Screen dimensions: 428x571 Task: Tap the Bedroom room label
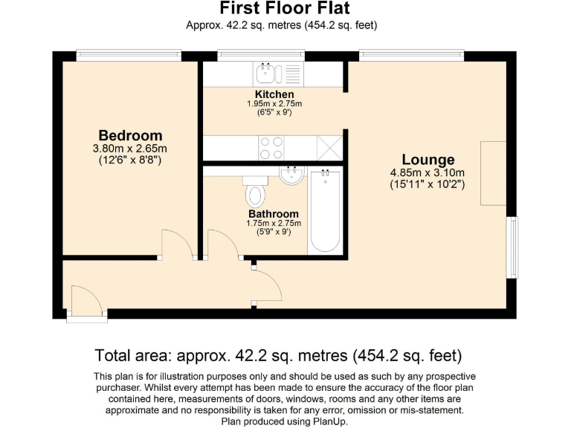[130, 136]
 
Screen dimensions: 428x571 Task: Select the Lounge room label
[428, 160]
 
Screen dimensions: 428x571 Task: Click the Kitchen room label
[274, 94]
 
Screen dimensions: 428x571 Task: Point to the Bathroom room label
[274, 213]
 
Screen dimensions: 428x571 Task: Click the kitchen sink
[265, 73]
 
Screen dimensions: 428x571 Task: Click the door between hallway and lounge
[267, 287]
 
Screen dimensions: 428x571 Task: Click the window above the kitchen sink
[260, 55]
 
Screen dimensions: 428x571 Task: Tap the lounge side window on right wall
[512, 247]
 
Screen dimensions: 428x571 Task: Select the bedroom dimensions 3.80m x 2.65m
[130, 149]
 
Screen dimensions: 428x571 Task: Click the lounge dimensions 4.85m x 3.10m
[428, 173]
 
